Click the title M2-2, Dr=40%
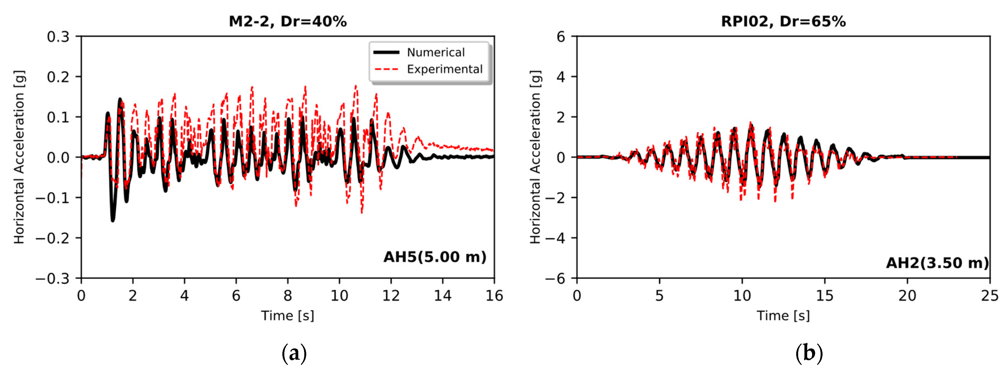pos(288,21)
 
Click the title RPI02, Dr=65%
pos(783,21)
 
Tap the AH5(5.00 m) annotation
pos(435,257)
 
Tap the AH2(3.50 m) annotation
pos(937,263)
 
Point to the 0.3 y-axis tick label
pos(58,37)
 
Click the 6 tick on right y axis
pos(561,37)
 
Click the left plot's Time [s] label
pos(287,315)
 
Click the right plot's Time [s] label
pos(783,315)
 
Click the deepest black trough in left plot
pos(113,220)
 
